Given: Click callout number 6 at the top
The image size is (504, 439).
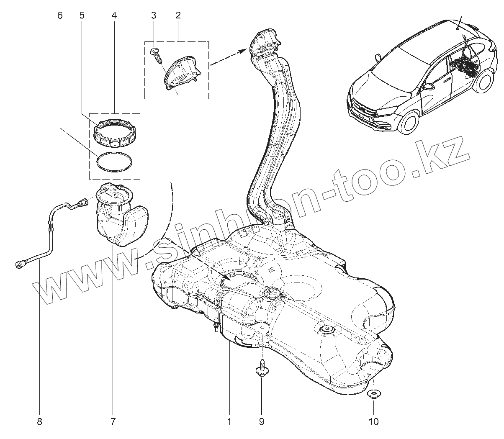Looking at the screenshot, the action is tap(59, 15).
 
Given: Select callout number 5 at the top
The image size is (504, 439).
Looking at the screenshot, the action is tap(82, 15).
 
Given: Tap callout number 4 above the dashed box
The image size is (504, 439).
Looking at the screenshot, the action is tap(114, 15).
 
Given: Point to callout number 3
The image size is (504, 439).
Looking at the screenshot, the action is tap(154, 15).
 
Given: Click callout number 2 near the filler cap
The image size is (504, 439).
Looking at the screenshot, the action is tap(178, 15).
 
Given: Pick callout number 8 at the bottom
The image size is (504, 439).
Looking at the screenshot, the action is tap(40, 421).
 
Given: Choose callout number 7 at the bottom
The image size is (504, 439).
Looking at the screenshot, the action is tap(113, 421).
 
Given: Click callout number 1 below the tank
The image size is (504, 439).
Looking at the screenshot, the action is tap(229, 421).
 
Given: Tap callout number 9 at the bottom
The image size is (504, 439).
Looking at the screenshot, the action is tap(262, 421).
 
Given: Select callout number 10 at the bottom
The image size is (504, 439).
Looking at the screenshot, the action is tap(373, 421).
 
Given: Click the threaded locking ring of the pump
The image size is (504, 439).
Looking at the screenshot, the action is tap(115, 133).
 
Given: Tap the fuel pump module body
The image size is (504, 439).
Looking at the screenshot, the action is tap(117, 218).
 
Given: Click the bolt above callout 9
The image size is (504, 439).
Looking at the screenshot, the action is tap(261, 368).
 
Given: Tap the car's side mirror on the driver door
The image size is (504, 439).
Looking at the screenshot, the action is tap(429, 87).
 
